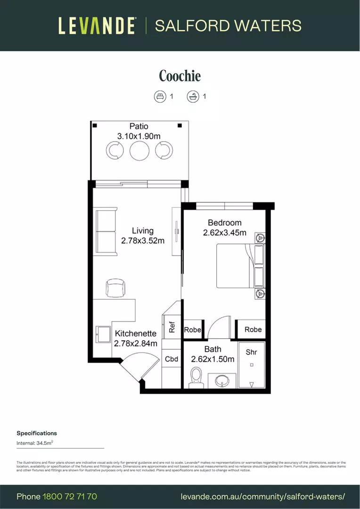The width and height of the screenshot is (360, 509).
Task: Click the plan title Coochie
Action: pos(180,76)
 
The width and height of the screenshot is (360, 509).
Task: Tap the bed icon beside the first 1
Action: pos(160,97)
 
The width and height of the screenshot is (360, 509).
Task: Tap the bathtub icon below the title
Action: pos(193,97)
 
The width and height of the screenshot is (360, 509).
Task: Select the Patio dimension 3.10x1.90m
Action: pos(139,136)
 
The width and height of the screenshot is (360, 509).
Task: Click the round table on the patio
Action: pos(139,151)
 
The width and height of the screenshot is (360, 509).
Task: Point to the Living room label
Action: pos(142,230)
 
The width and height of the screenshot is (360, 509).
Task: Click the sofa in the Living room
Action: pos(106,233)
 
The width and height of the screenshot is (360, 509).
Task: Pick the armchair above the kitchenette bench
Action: pos(115,288)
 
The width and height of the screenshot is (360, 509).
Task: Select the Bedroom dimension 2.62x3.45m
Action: pos(225,232)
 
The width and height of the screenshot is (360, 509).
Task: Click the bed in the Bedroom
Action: pos(239,265)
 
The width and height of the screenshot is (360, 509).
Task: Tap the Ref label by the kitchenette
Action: pos(172,326)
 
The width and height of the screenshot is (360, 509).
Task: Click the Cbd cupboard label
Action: pos(172,359)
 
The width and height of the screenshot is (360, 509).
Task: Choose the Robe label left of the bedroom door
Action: pos(193,330)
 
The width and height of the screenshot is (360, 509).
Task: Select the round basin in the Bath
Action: pos(225,380)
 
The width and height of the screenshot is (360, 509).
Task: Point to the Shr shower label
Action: pos(252,352)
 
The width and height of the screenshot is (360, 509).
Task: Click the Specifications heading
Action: pos(37,433)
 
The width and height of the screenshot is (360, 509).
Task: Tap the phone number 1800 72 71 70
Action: pos(70,496)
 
